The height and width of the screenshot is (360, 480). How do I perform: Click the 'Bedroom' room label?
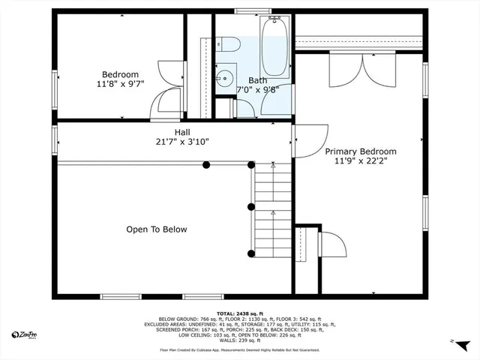(120, 74)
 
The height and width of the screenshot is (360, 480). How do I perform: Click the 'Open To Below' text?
(157, 229)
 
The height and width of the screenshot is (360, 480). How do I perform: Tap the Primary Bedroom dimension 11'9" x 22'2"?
(360, 160)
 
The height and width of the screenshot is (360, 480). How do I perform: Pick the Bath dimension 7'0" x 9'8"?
(258, 89)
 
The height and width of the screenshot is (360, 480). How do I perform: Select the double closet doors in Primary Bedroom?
(362, 70)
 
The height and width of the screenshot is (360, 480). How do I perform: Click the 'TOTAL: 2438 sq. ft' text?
(238, 313)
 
